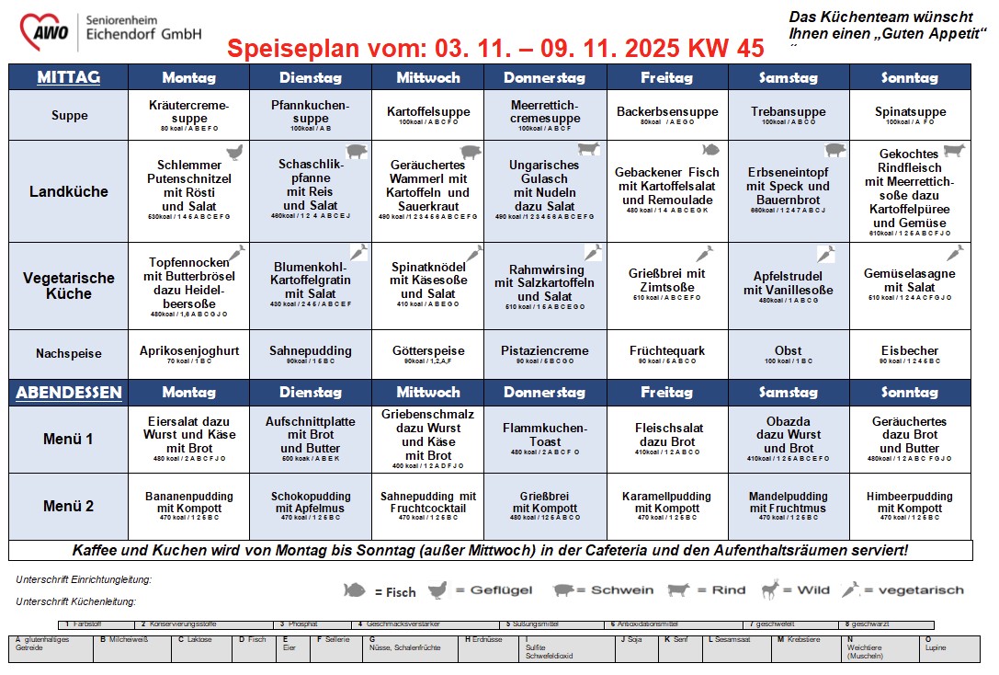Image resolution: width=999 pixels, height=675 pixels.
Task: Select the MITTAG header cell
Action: tap(68, 77)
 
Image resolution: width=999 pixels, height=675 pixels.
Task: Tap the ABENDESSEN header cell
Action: tap(68, 393)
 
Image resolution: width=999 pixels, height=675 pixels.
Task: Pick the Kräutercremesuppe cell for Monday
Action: tap(188, 115)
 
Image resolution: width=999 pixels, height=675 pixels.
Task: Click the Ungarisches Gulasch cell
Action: tap(544, 191)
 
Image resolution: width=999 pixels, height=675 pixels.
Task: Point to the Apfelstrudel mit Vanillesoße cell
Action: tap(788, 285)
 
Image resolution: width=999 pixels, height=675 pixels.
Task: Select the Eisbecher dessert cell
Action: tap(909, 353)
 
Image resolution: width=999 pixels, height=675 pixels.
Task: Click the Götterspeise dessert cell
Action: tap(427, 353)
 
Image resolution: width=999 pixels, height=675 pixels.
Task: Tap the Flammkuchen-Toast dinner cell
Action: tap(544, 439)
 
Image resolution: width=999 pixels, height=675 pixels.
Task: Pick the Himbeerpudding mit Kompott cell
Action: tap(909, 506)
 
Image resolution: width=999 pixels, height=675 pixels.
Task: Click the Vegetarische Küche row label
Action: tap(68, 285)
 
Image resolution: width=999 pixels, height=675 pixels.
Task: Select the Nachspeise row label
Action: tap(68, 353)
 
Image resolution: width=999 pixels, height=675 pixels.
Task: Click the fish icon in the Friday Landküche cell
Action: tap(710, 150)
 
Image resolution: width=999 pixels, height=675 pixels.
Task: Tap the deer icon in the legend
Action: tap(769, 589)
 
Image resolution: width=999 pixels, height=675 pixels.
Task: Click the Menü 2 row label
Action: tap(68, 506)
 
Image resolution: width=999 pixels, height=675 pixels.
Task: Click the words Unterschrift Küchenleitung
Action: tap(75, 601)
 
